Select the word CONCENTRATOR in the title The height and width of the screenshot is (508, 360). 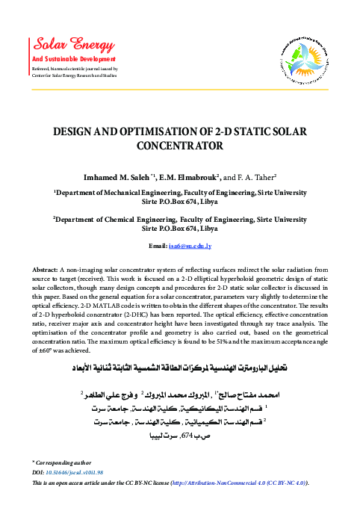(180, 146)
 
